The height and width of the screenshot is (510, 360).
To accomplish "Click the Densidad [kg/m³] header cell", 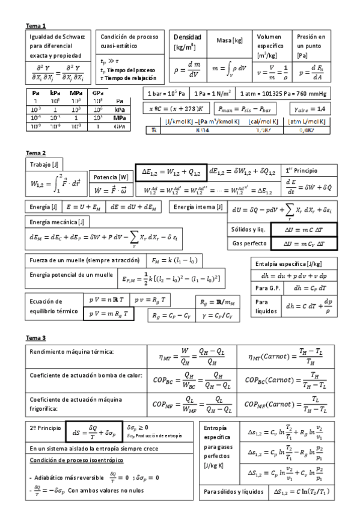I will click(187, 41).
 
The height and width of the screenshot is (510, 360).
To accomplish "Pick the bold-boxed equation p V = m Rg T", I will click(109, 314).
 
